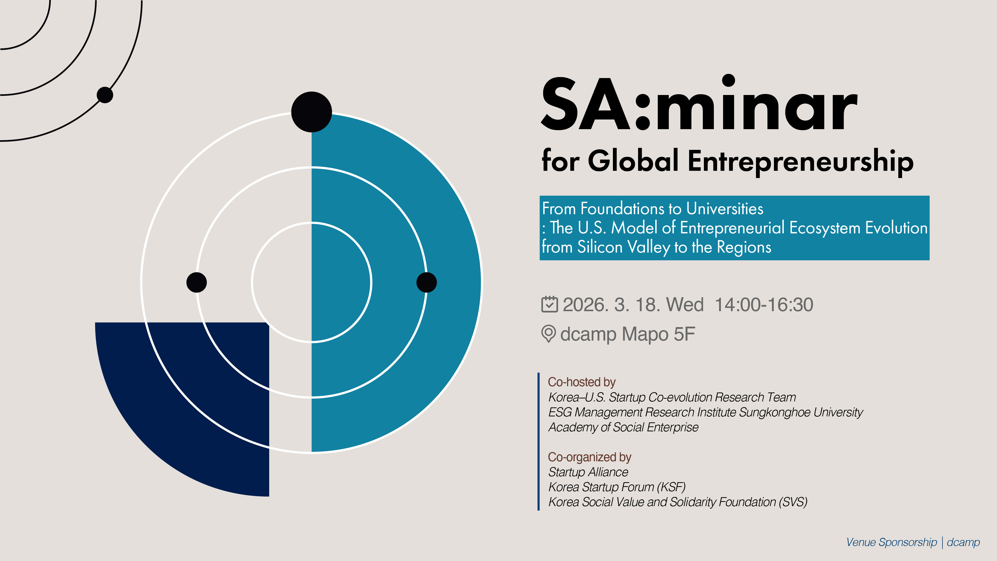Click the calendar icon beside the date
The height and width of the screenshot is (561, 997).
click(x=549, y=304)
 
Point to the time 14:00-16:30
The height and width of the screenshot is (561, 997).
click(x=764, y=305)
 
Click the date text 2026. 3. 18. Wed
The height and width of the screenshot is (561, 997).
click(x=633, y=305)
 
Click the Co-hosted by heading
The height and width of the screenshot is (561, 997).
click(x=581, y=382)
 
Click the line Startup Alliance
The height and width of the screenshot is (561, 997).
click(x=588, y=472)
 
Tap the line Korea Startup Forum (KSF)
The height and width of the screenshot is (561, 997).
click(x=617, y=487)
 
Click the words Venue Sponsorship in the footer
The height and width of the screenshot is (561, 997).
click(x=891, y=542)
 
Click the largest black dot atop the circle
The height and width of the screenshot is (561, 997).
click(x=312, y=112)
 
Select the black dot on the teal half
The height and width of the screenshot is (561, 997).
click(x=426, y=282)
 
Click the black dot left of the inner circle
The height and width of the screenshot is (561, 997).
click(x=197, y=282)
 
